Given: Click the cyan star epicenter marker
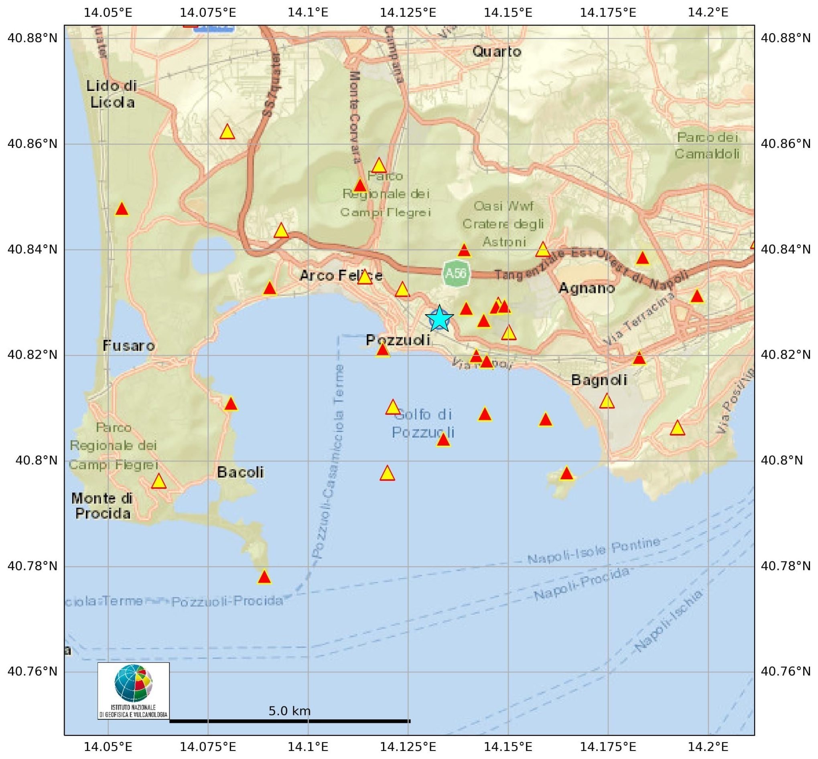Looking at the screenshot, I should point(439,318).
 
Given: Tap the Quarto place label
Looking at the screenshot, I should point(497,52).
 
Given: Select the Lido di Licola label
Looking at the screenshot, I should point(112,94).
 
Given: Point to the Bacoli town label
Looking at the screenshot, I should point(240,472).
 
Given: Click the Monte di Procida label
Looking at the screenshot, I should point(102,506).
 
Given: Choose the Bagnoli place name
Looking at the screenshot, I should point(599,380).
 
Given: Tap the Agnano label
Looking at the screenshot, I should point(587,288).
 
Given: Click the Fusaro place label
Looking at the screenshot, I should point(129,346).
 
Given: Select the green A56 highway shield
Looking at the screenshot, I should point(456,273).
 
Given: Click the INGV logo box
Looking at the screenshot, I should point(134,691).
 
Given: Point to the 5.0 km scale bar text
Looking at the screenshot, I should point(289,711).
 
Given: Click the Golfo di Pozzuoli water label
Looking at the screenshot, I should point(423,424).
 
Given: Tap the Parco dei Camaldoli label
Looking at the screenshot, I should point(707,145).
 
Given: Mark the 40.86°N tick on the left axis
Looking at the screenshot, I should point(32,144).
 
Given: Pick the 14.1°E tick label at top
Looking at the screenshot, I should point(308,12).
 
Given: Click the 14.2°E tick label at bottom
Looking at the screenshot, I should point(708,747).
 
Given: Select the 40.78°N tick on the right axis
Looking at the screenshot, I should point(786,566).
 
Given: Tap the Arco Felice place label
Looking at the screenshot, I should point(341,275).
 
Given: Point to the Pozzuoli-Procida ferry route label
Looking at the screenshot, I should point(227,602).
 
